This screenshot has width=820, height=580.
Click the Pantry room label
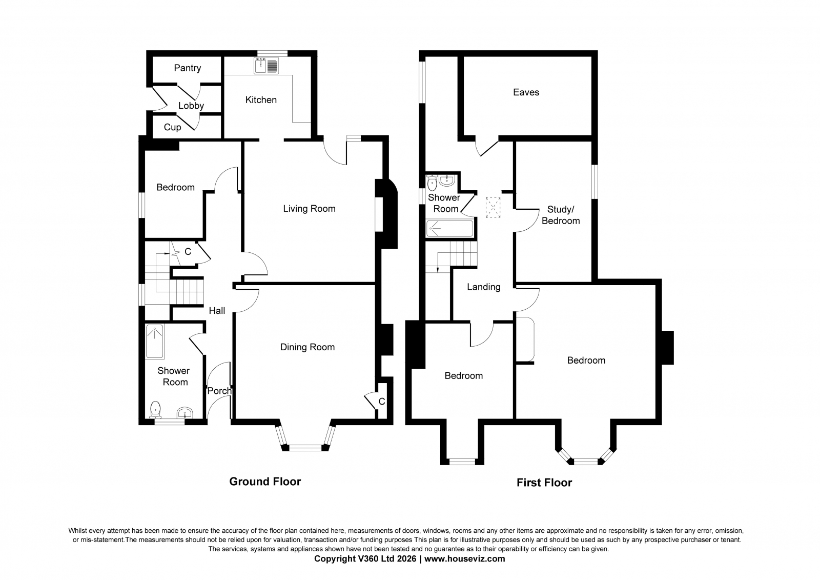(188, 68)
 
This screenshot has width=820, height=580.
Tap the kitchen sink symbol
(266, 65)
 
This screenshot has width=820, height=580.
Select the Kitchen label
(261, 99)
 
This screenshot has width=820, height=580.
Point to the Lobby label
(191, 106)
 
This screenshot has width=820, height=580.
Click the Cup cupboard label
(172, 127)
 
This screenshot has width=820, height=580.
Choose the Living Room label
(310, 209)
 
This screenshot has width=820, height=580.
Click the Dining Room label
(307, 347)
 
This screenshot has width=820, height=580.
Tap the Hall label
(217, 311)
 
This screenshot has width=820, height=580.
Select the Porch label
(220, 391)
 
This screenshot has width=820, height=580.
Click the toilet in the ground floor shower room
(156, 410)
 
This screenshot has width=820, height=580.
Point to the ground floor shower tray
(154, 342)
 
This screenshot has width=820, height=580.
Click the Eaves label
(526, 92)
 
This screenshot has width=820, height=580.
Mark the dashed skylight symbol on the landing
(493, 208)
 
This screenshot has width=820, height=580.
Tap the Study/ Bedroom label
(561, 215)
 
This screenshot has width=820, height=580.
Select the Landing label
(484, 287)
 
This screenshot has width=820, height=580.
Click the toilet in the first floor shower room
(433, 183)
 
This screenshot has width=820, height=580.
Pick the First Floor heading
(544, 483)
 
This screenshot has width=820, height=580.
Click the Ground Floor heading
(265, 482)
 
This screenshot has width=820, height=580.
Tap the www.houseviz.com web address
(464, 559)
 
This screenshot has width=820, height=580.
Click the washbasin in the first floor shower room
(447, 181)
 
